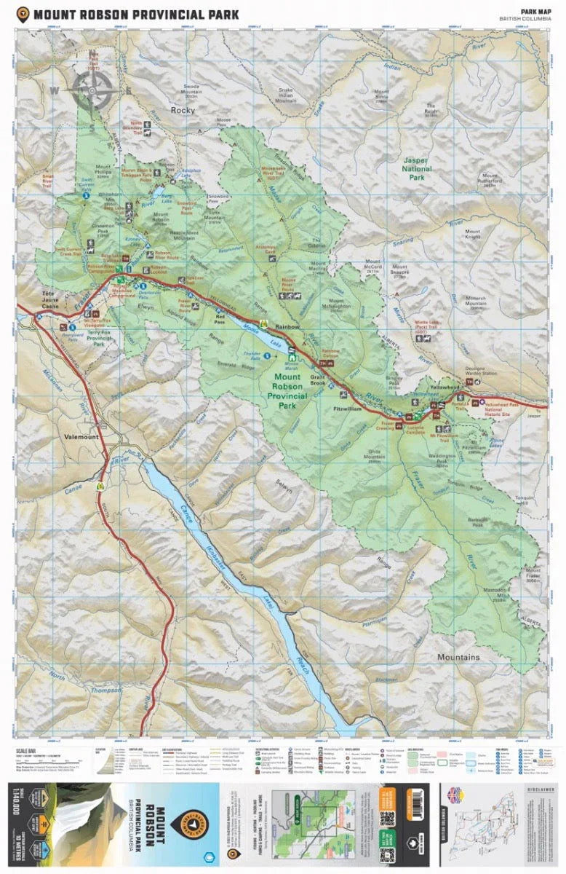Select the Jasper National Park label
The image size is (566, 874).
click(416, 168)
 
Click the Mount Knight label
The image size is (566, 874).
click(473, 233)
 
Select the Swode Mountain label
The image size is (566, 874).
click(192, 89)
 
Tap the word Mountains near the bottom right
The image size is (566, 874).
click(458, 657)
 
